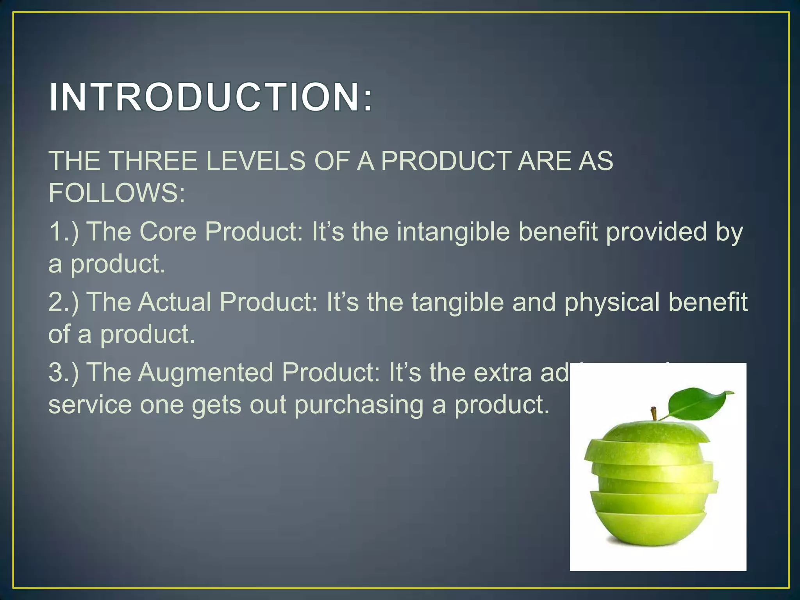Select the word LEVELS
[x=255, y=161]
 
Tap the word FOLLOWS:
[x=116, y=193]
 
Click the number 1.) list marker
[x=63, y=231]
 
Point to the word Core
[x=168, y=231]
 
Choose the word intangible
[x=453, y=231]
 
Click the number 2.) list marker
[x=63, y=302]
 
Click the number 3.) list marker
[x=63, y=372]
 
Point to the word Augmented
[x=205, y=372]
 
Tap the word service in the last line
[x=90, y=405]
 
